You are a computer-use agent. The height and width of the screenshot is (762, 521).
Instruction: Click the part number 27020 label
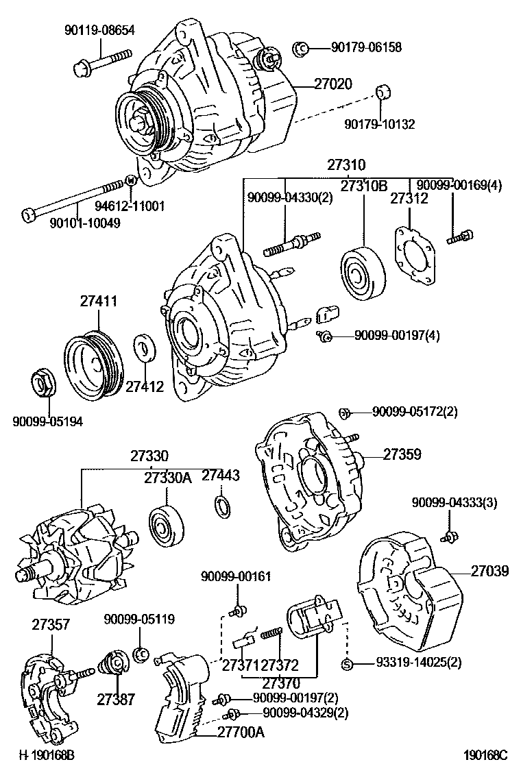(x=333, y=84)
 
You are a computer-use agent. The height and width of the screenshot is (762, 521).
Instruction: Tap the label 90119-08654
(x=99, y=29)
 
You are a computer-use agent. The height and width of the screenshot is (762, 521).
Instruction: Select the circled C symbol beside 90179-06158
(x=300, y=47)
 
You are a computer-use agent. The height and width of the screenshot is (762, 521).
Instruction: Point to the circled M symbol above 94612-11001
(x=132, y=181)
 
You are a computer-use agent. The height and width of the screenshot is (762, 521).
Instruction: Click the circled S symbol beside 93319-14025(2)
(x=346, y=663)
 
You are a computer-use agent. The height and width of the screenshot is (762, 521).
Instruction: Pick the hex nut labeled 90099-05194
(x=45, y=383)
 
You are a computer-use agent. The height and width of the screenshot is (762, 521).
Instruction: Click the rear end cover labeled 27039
(x=409, y=592)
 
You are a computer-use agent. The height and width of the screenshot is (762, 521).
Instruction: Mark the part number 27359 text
(x=402, y=454)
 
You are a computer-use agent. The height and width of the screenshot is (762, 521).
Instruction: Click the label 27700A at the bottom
(x=241, y=731)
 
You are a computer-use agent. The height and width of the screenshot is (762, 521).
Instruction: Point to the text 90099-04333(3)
(x=455, y=502)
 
